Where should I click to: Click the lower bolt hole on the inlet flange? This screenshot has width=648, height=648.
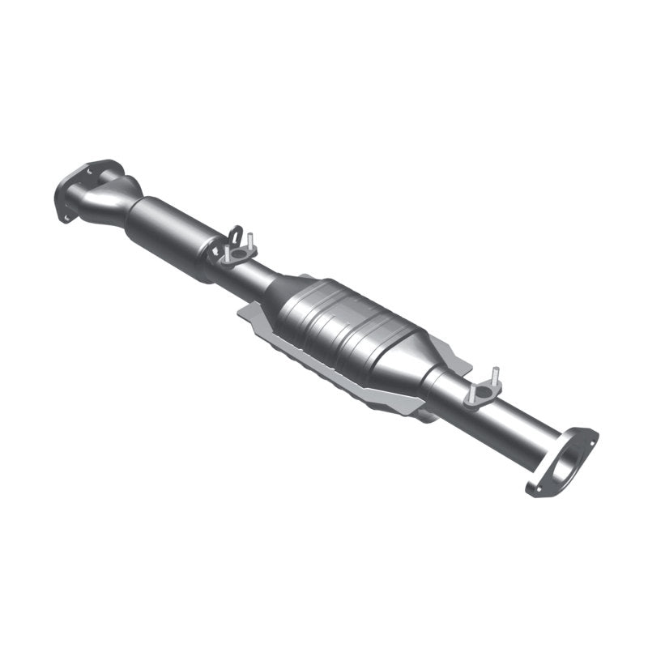pyautogui.click(x=66, y=215)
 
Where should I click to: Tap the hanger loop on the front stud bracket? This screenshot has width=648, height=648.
pyautogui.click(x=235, y=236)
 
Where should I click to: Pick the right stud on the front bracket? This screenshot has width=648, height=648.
pyautogui.click(x=252, y=241)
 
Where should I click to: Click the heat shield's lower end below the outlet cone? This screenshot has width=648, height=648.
pyautogui.click(x=425, y=416)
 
